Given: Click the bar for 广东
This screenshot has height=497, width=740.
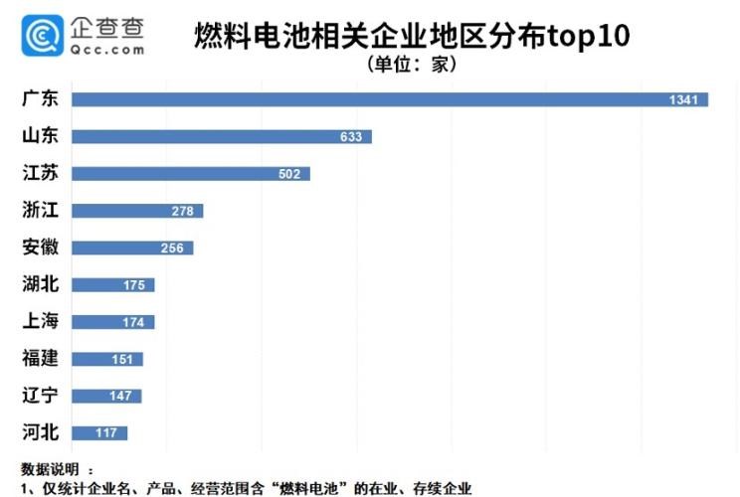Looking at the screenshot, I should (x=388, y=99).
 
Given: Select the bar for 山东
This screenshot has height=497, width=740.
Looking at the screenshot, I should (x=221, y=136).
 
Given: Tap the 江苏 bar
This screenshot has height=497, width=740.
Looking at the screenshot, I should (x=190, y=174).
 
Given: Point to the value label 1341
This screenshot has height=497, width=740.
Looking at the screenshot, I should (x=688, y=99).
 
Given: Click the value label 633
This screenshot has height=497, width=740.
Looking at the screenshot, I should (x=351, y=136).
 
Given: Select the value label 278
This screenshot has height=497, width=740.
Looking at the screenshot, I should (x=183, y=211).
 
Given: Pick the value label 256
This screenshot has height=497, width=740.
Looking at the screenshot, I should (x=172, y=248).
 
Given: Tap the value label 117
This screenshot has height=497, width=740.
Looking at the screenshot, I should (x=106, y=432).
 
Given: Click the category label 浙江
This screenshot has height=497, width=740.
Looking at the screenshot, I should (x=41, y=211).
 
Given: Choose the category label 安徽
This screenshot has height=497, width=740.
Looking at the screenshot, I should (x=41, y=248).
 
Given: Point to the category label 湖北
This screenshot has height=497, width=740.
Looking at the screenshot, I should (x=41, y=285).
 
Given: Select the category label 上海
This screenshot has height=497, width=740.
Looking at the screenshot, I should (x=41, y=321).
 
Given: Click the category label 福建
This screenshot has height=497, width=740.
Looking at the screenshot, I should (x=41, y=358).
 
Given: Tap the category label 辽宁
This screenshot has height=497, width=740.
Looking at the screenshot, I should (x=41, y=396).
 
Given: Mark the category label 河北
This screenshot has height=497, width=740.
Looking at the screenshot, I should (x=41, y=432).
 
